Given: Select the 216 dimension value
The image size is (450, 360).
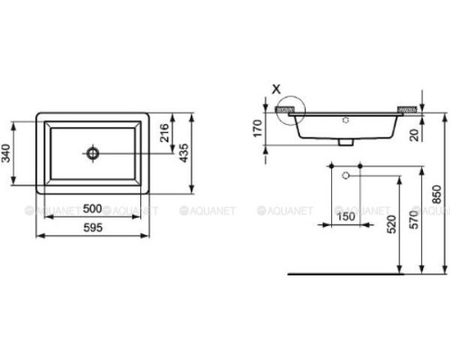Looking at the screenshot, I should (x=166, y=133).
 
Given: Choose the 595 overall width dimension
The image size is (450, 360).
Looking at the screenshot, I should (x=92, y=229).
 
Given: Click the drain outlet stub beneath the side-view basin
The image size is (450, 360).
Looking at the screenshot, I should (x=345, y=140).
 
